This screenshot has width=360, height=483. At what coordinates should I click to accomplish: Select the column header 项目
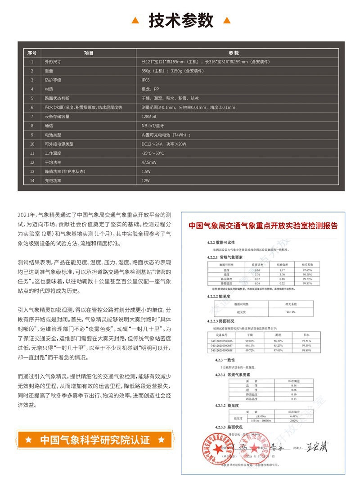click(x=89, y=53)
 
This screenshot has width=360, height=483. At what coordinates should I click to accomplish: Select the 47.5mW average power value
click(x=149, y=163)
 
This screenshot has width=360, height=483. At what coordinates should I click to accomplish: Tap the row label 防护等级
click(x=53, y=80)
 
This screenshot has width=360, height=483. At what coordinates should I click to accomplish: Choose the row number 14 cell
click(x=32, y=181)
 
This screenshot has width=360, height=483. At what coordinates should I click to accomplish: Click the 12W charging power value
click(x=145, y=181)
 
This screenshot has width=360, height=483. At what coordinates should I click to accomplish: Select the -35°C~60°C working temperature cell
click(x=153, y=153)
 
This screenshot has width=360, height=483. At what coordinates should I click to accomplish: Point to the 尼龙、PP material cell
click(x=150, y=89)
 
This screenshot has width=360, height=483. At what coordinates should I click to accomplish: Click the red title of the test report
click(x=263, y=225)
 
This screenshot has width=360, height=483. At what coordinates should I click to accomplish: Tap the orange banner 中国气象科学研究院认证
click(x=95, y=440)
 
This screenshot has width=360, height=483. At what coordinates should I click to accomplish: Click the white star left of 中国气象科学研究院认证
click(x=28, y=440)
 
